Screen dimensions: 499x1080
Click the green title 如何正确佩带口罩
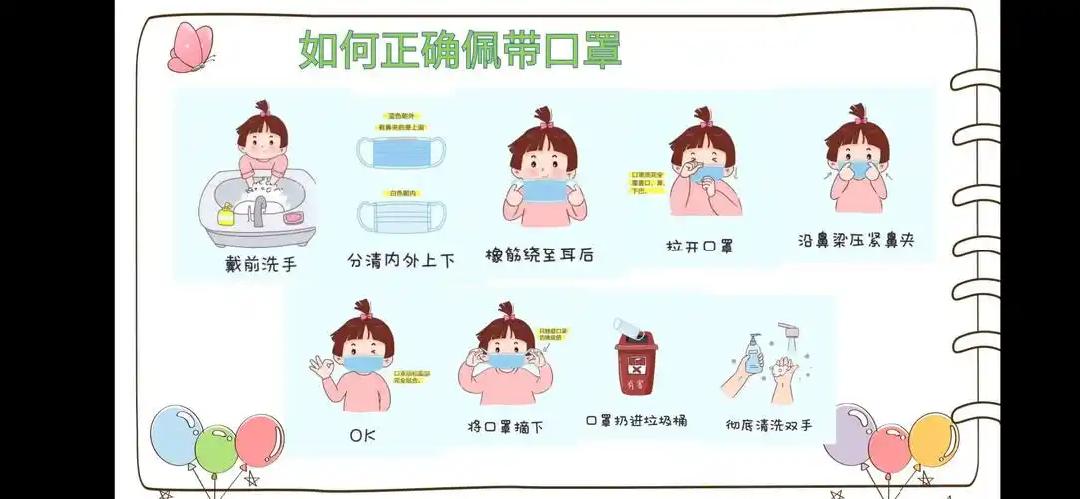(461, 49)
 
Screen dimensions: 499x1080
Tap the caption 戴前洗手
(261, 264)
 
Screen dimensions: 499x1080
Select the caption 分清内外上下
(401, 260)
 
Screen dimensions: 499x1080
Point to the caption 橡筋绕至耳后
(539, 254)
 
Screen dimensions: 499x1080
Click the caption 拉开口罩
(699, 246)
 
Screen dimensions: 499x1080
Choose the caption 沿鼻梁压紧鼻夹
(856, 240)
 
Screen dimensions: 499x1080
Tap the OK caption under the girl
(362, 436)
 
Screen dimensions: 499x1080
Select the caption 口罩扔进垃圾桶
(636, 421)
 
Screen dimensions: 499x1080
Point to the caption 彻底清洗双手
(769, 425)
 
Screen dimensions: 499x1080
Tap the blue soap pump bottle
(754, 354)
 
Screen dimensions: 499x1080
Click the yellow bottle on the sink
(226, 213)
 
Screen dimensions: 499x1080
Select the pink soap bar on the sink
(294, 216)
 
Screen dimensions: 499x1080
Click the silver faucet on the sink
(260, 209)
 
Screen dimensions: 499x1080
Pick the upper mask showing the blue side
(401, 152)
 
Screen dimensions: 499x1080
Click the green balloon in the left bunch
(216, 450)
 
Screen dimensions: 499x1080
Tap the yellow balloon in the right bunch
(933, 439)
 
